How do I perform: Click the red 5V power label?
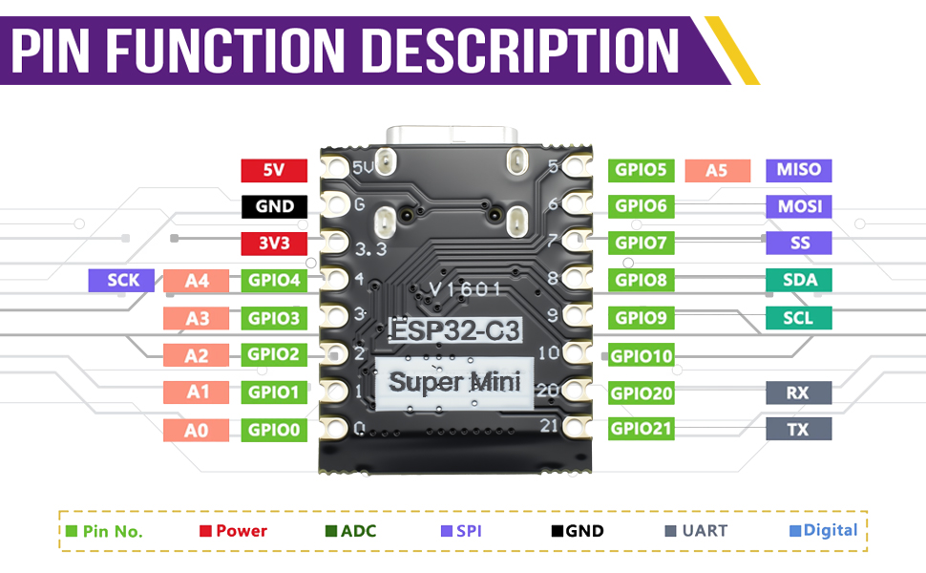(x=274, y=171)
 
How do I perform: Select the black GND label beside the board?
(x=274, y=206)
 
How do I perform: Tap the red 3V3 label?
(x=274, y=243)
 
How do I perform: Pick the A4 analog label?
(x=197, y=281)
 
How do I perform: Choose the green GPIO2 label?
(x=274, y=354)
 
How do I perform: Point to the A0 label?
(x=197, y=430)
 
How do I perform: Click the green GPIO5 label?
(x=641, y=170)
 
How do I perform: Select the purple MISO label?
(x=798, y=170)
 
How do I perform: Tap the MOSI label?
(x=798, y=206)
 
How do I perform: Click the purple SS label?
(x=798, y=243)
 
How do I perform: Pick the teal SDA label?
(x=798, y=280)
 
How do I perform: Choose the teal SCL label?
(x=798, y=318)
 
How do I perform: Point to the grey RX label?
(x=798, y=393)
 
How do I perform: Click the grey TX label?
(x=798, y=430)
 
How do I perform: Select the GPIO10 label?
(x=642, y=356)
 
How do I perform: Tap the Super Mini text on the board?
(x=455, y=383)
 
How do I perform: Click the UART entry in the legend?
(x=696, y=530)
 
